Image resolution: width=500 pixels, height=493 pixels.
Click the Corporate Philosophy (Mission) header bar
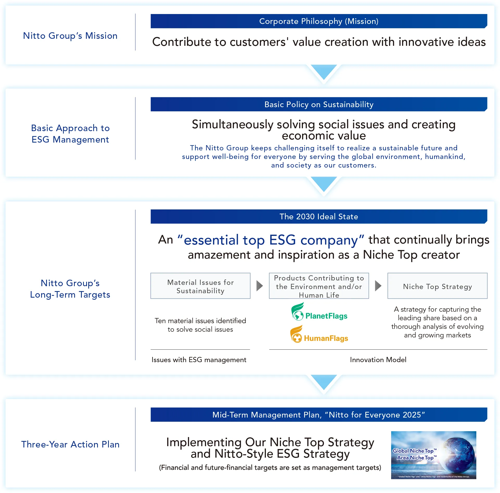(318, 21)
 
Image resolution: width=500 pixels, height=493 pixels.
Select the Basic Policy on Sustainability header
(318, 104)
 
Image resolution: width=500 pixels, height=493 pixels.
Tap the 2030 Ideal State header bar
(318, 216)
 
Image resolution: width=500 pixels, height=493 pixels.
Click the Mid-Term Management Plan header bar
(318, 414)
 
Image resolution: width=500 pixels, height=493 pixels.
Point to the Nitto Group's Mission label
(70, 36)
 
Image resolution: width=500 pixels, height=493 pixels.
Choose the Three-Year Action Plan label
(70, 444)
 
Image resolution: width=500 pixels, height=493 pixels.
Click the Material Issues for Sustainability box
(200, 286)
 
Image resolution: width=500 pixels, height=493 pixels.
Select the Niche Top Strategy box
(437, 286)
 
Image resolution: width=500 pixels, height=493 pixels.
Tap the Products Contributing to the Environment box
(319, 286)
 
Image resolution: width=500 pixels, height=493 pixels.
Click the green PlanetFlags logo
(319, 312)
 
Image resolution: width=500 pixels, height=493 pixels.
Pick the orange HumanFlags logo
(319, 335)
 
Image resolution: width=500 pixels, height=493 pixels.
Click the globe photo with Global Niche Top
(434, 455)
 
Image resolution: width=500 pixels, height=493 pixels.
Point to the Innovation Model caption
(378, 360)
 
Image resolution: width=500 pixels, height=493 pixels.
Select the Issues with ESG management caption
(199, 360)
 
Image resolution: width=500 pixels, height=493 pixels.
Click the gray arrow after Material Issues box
(259, 286)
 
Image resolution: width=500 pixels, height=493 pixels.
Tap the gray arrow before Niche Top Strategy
(378, 286)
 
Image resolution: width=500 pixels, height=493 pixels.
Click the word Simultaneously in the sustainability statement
(232, 125)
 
